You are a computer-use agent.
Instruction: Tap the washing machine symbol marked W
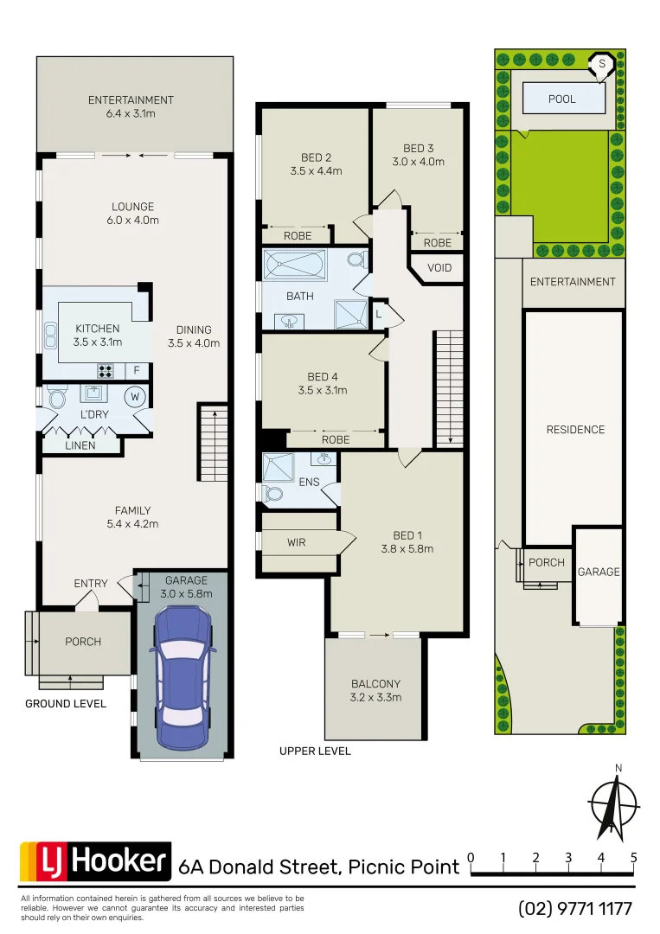(x=135, y=398)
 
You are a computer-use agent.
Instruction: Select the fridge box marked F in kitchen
(x=135, y=371)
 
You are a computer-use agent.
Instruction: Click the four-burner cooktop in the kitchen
(x=106, y=371)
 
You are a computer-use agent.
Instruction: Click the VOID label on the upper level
(x=439, y=268)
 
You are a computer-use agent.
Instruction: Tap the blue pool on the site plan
(x=562, y=99)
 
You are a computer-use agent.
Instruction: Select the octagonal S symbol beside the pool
(x=602, y=64)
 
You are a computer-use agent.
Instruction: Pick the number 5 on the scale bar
(x=634, y=858)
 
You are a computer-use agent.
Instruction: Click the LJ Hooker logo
(x=95, y=861)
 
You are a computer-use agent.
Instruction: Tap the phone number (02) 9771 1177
(x=575, y=909)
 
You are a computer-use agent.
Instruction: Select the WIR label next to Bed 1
(x=297, y=543)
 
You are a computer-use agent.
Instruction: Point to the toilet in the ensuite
(x=274, y=494)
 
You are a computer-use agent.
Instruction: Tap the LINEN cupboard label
(x=80, y=446)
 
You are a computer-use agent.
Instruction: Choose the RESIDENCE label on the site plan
(x=575, y=430)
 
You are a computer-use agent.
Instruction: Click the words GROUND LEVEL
(x=66, y=704)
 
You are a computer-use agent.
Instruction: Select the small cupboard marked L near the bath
(x=379, y=314)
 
